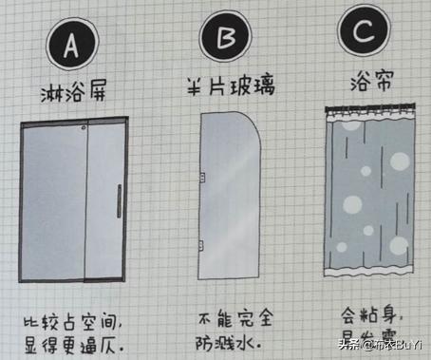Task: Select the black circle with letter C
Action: click(x=364, y=34)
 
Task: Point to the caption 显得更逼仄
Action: click(x=74, y=342)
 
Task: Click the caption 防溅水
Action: click(x=224, y=336)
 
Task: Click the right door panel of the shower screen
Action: click(x=104, y=201)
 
